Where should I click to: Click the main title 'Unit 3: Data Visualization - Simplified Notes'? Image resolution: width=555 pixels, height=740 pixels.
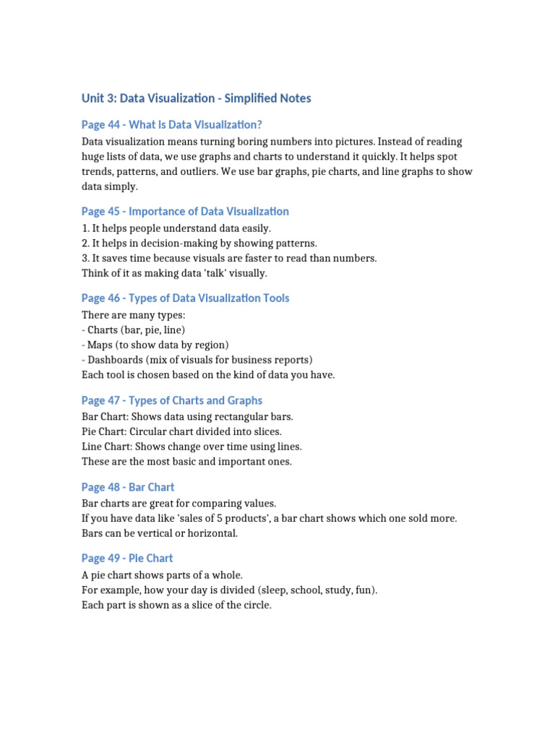coord(196,98)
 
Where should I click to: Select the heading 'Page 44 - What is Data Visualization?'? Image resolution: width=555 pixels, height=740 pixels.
coord(171,125)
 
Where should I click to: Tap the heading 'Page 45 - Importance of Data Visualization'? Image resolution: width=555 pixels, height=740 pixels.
coord(185,211)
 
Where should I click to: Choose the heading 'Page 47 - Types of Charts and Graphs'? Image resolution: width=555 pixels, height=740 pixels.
coord(172,400)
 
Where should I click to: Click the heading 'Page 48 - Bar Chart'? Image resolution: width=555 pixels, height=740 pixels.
coord(128,487)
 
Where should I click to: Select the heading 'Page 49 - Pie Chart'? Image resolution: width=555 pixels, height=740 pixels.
coord(127,558)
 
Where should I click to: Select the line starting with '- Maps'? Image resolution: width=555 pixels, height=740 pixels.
coord(155,345)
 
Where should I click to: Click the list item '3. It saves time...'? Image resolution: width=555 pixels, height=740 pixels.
coord(229,258)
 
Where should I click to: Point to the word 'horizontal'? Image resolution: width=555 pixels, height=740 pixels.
coord(212,533)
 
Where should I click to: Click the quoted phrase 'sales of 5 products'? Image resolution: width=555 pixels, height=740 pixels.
coord(223,519)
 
